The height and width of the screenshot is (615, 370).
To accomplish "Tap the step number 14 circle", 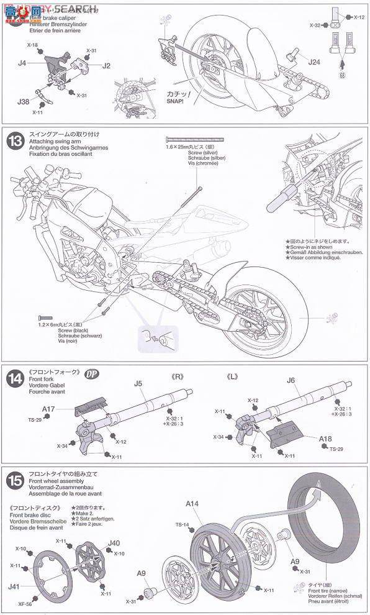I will pos(14,378).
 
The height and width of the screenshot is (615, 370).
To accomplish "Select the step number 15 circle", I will pos(14,480).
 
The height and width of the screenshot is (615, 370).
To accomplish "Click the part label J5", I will pos(139,383).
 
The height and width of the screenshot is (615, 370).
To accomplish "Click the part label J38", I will pos(24,101).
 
